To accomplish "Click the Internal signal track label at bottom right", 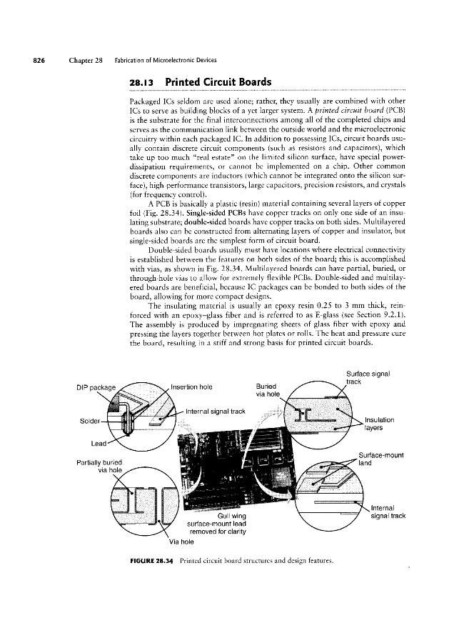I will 388,512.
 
